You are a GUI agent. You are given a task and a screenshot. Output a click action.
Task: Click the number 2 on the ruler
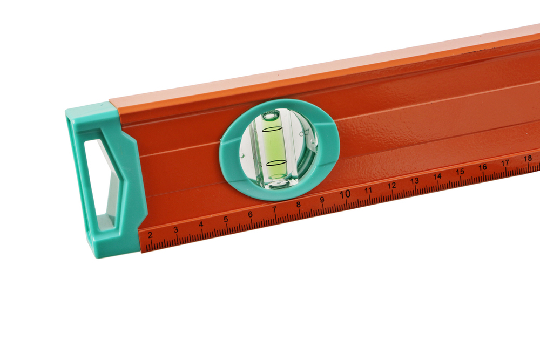pos(150,235)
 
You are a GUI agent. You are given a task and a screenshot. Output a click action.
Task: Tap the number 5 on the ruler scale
pos(226,220)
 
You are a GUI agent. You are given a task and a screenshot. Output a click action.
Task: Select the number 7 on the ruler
pos(274,209)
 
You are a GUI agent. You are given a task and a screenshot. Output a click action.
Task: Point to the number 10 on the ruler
pos(345,194)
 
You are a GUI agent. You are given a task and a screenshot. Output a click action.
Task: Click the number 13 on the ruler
pos(415,181)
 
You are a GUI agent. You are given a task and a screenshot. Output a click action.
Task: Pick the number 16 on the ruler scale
pos(482,167)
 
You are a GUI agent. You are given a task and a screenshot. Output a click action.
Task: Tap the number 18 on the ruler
pos(528,159)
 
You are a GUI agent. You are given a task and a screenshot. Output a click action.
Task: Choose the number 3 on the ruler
pos(175,230)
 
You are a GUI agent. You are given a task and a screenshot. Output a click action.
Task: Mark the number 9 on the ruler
pos(322,200)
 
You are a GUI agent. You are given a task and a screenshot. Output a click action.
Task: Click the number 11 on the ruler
pos(368,190)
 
